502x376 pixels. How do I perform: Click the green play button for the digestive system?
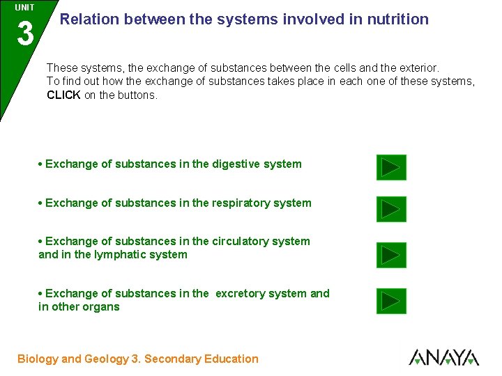coord(391,168)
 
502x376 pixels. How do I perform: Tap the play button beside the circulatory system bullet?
coord(391,256)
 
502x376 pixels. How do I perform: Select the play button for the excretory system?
coord(391,301)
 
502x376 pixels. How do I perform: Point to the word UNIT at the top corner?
coord(24,8)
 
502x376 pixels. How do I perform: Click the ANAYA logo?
coord(443,357)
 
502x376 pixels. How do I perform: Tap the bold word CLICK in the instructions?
coord(63,95)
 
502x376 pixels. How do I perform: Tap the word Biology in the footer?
coord(38,359)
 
